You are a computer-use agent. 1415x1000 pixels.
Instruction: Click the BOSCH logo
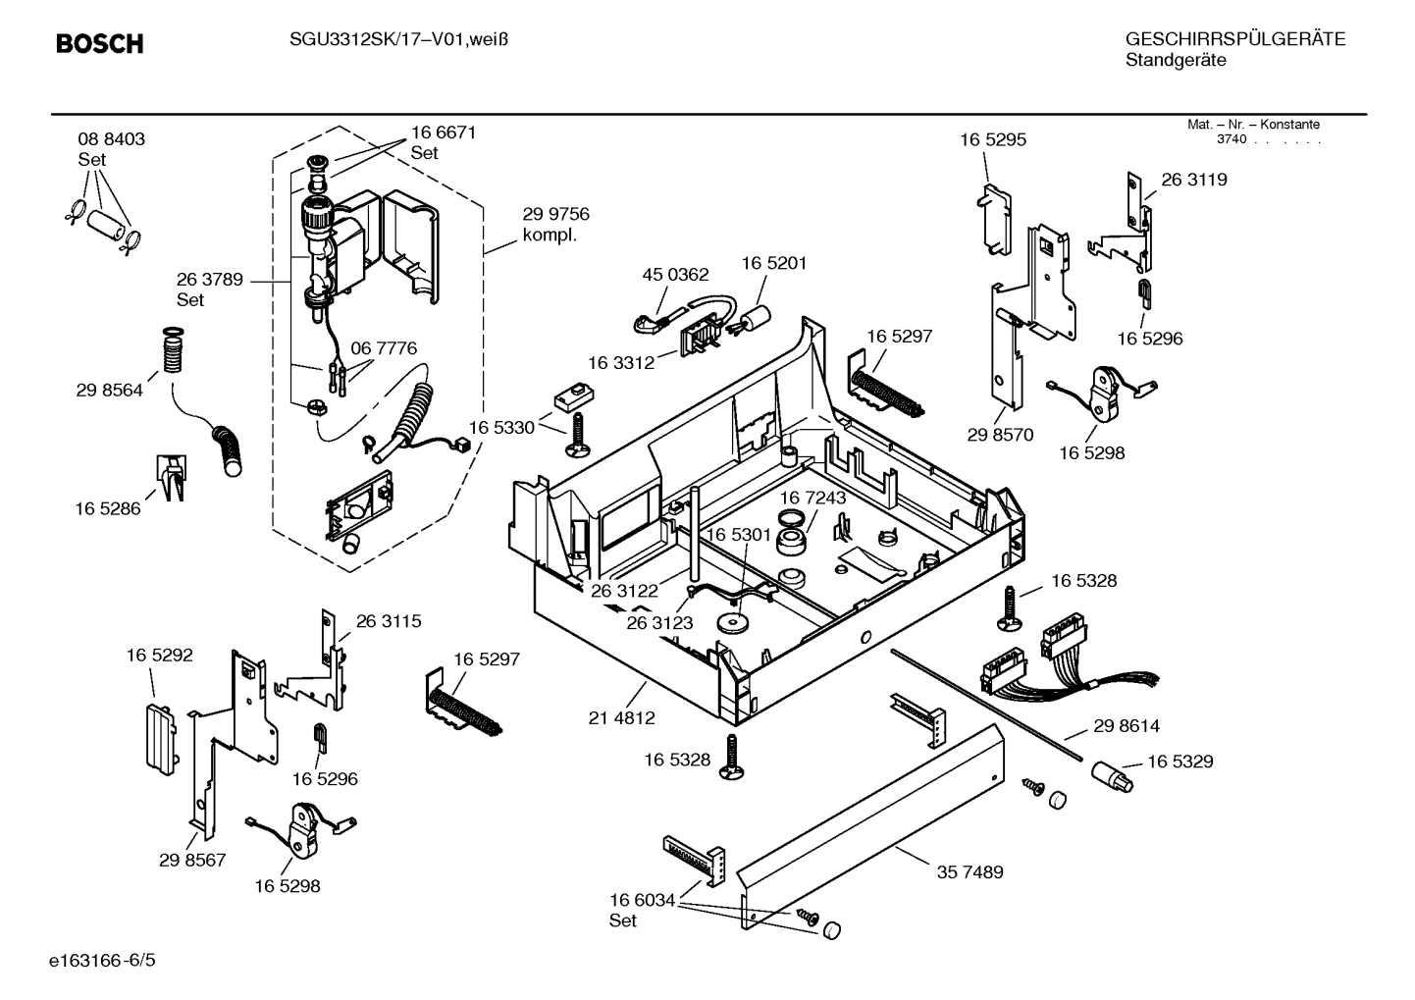pyautogui.click(x=99, y=44)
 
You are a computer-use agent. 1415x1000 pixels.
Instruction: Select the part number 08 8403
pyautogui.click(x=111, y=139)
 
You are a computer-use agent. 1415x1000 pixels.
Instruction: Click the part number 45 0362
pyautogui.click(x=675, y=276)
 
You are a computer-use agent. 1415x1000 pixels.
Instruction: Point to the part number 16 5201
pyautogui.click(x=773, y=263)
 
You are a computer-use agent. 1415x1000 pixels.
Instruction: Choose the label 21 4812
pyautogui.click(x=621, y=717)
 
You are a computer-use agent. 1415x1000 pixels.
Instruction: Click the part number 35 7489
pyautogui.click(x=970, y=871)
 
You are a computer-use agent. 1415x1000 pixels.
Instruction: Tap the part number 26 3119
pyautogui.click(x=1193, y=180)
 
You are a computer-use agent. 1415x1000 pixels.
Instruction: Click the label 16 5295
pyautogui.click(x=993, y=139)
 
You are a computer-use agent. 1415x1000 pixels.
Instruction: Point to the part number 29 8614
pyautogui.click(x=1126, y=726)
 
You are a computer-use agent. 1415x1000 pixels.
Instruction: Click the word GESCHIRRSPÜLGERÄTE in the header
pyautogui.click(x=1234, y=39)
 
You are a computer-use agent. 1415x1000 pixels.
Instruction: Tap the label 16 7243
pyautogui.click(x=812, y=498)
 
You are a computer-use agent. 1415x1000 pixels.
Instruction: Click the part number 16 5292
pyautogui.click(x=159, y=655)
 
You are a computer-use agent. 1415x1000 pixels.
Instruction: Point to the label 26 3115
pyautogui.click(x=388, y=621)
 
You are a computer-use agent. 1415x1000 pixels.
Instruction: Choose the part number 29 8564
pyautogui.click(x=109, y=390)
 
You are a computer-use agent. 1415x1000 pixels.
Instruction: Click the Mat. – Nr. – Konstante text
pyautogui.click(x=1253, y=125)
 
